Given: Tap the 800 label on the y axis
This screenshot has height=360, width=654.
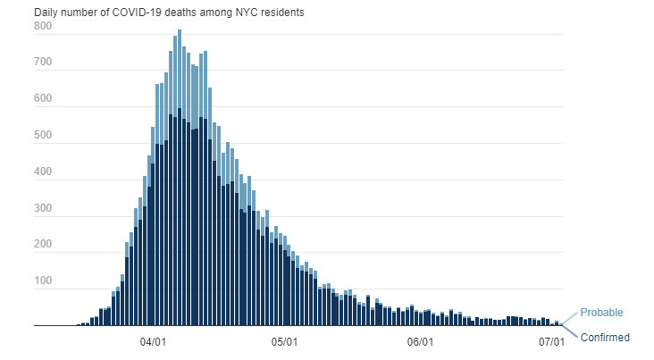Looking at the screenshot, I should pyautogui.click(x=44, y=27).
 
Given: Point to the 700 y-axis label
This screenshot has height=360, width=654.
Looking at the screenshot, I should pyautogui.click(x=44, y=63).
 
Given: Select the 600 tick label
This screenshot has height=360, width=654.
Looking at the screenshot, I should pyautogui.click(x=44, y=100).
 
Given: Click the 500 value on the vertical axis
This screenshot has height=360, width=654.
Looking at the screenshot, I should pyautogui.click(x=44, y=137).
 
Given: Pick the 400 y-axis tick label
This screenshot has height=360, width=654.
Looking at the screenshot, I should pyautogui.click(x=44, y=173).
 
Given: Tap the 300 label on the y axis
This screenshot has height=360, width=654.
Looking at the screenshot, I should pyautogui.click(x=44, y=210).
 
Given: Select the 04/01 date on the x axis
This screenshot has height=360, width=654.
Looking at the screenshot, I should pyautogui.click(x=155, y=342).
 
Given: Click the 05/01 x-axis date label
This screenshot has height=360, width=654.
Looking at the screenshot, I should pyautogui.click(x=285, y=342).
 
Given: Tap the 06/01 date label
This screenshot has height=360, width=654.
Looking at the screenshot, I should pyautogui.click(x=420, y=342).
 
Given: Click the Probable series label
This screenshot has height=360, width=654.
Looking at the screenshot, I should pyautogui.click(x=601, y=313).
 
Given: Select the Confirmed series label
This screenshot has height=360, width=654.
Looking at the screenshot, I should pyautogui.click(x=605, y=338).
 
